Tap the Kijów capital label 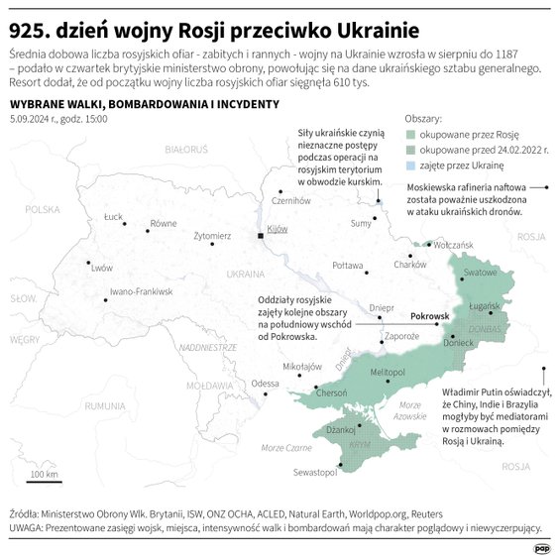point(278,228)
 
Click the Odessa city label point(265,384)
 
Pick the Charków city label point(409,265)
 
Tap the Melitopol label point(388,372)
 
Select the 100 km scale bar point(44,483)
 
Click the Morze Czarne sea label point(286,448)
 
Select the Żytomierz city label point(212,236)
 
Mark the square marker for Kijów point(261,236)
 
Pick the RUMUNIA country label point(104,406)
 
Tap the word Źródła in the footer point(29,514)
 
